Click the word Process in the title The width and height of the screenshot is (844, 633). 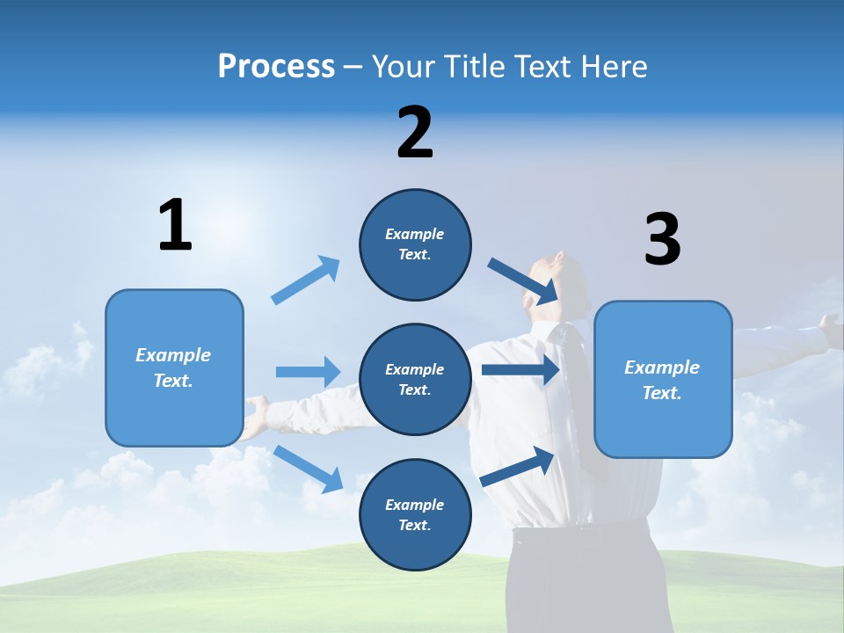[276, 67]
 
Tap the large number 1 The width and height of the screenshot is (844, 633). [175, 226]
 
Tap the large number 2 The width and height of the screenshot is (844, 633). [415, 133]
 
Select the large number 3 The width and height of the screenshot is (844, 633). [662, 240]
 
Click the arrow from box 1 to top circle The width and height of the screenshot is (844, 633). [306, 280]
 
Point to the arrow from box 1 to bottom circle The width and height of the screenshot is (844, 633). [309, 469]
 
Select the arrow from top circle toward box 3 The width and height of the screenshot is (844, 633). [522, 280]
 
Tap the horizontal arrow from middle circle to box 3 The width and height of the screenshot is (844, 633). [520, 369]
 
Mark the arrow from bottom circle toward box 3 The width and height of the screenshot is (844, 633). [518, 466]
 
